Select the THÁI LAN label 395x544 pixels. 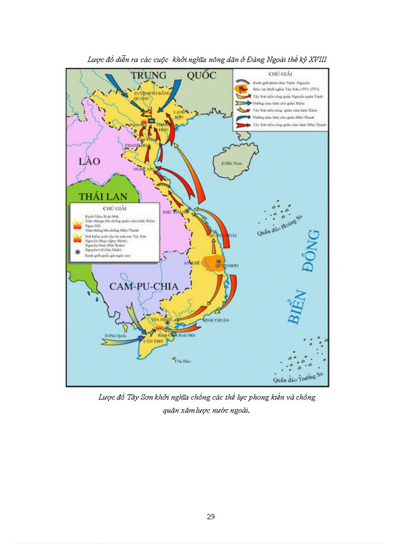pos(103,196)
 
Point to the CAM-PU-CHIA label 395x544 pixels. pos(144,286)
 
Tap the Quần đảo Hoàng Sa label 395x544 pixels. pos(276,226)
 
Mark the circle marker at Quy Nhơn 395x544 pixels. pos(218,262)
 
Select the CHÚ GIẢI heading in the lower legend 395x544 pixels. pos(115,207)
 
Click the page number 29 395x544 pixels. pos(211,516)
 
